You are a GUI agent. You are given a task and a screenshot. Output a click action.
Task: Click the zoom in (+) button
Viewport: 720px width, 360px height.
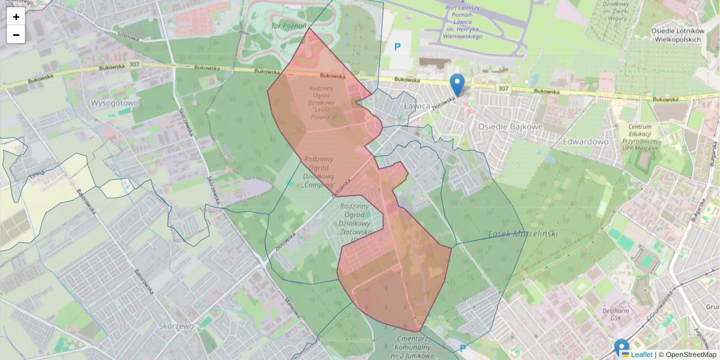click(x=16, y=17)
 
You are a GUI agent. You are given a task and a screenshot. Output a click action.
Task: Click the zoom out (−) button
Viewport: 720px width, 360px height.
click(x=16, y=35)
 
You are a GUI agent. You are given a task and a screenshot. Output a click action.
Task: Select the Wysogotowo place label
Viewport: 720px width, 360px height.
click(x=114, y=103)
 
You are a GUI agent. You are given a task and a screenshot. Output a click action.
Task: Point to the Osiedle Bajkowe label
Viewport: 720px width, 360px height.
click(x=510, y=127)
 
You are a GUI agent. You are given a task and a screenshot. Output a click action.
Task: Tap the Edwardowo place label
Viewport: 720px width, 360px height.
click(x=586, y=142)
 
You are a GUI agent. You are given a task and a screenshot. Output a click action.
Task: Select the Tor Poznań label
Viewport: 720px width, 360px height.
click(x=289, y=26)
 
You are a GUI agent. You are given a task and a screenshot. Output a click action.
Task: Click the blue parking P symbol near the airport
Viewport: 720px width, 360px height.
click(x=397, y=46)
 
